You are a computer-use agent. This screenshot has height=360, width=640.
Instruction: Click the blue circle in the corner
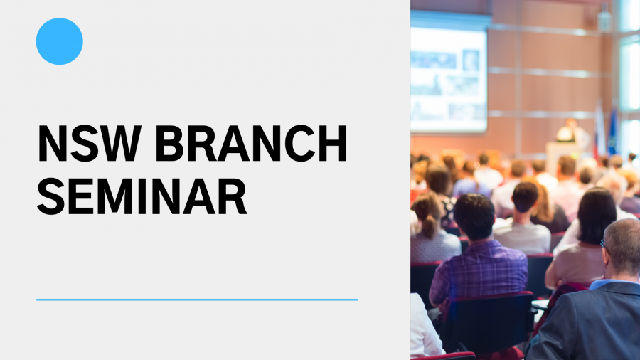pyautogui.click(x=60, y=41)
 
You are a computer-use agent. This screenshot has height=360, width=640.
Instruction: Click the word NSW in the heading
pyautogui.click(x=90, y=144)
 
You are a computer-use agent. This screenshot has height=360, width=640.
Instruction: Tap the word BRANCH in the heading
pyautogui.click(x=251, y=144)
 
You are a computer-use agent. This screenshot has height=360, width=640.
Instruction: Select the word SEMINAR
pyautogui.click(x=142, y=196)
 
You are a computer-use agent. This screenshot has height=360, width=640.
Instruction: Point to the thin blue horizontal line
pyautogui.click(x=197, y=300)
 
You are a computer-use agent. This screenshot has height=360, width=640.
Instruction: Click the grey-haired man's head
pyautogui.click(x=622, y=248)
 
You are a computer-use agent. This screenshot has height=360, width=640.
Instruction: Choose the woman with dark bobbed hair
pyautogui.click(x=588, y=240)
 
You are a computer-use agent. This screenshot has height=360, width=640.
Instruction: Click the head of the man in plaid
pyautogui.click(x=474, y=216)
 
